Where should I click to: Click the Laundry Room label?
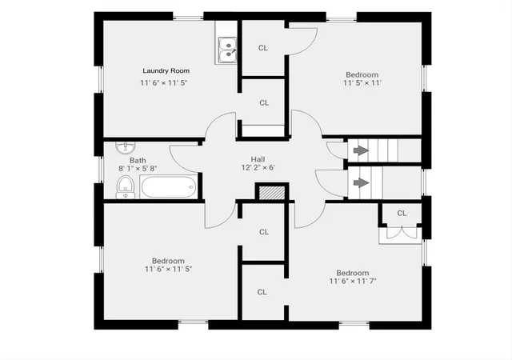[x=166, y=70]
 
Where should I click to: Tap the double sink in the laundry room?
[x=227, y=50]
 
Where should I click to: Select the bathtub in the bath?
[x=169, y=186]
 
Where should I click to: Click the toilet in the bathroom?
[x=125, y=187]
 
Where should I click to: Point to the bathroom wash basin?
[x=125, y=148]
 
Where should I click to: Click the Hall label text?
[x=258, y=159]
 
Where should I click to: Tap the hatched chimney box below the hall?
[x=272, y=193]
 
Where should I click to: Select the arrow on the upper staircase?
[x=361, y=150]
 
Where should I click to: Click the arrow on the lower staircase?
[x=361, y=182]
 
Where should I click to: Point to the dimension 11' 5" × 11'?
[x=362, y=83]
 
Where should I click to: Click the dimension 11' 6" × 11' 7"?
[x=353, y=281]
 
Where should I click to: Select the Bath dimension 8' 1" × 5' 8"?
[x=138, y=169]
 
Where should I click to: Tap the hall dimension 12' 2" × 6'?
[x=258, y=167]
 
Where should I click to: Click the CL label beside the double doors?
[x=402, y=214]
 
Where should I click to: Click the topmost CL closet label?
[x=263, y=48]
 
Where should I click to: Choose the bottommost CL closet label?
[x=262, y=292]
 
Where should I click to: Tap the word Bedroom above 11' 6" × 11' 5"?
[x=168, y=261]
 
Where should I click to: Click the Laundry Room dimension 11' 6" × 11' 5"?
[x=163, y=83]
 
